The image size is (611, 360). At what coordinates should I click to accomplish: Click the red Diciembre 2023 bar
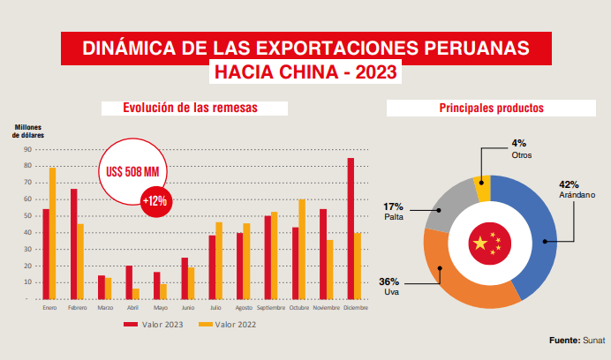[x=351, y=229]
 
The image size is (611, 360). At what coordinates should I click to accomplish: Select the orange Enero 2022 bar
[x=53, y=234]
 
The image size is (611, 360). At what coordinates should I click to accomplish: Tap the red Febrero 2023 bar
[x=73, y=244]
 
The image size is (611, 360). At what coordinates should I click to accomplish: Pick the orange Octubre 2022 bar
[x=302, y=250]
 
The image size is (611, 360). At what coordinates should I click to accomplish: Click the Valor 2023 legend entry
[x=155, y=325]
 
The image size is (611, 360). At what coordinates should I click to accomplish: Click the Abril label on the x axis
[x=132, y=308]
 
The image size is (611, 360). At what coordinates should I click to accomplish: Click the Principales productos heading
[x=490, y=108]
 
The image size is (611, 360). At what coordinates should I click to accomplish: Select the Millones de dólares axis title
[x=29, y=131]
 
